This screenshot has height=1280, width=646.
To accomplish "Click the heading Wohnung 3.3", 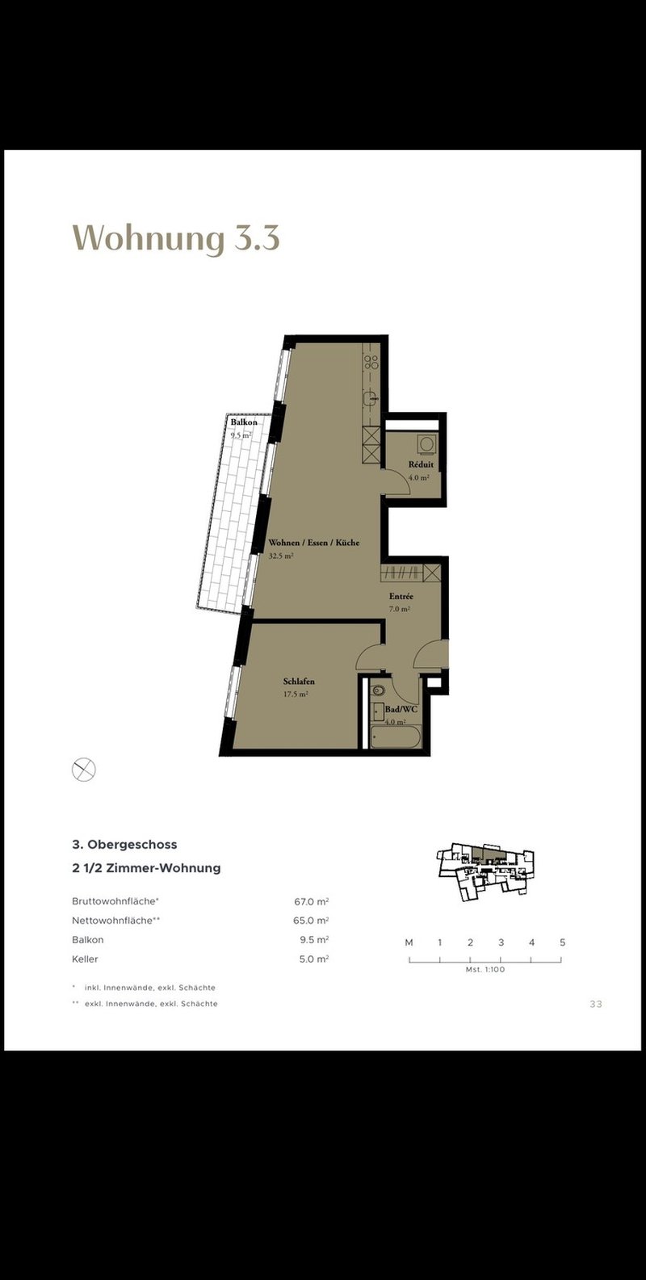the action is click(x=176, y=238).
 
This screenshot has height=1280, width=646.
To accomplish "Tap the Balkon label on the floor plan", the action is click(x=244, y=422).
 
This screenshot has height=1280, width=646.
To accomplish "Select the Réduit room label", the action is click(x=421, y=464).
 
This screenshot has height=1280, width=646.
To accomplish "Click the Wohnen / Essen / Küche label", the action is click(x=314, y=543).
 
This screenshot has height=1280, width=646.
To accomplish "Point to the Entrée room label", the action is click(x=401, y=597).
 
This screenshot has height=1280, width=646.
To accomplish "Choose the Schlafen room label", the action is click(x=299, y=682).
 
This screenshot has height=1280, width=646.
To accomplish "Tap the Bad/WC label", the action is click(x=401, y=709).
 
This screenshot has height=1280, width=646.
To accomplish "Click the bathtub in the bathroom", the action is click(x=396, y=737).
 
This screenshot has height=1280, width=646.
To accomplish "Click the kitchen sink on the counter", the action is click(x=371, y=397).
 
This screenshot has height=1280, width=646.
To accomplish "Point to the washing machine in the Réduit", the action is click(x=426, y=443).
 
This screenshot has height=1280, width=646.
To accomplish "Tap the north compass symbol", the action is click(x=83, y=770).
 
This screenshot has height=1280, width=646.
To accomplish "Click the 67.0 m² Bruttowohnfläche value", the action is click(x=311, y=902).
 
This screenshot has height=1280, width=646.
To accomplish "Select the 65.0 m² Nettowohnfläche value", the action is click(x=311, y=921).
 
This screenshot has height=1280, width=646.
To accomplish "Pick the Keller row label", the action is click(x=85, y=959).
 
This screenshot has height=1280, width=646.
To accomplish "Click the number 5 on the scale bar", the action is click(x=563, y=942).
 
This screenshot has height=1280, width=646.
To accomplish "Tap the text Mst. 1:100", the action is click(x=485, y=969).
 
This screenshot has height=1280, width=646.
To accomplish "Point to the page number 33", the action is click(x=596, y=1004).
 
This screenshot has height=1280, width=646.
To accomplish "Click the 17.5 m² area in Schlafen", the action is click(x=296, y=695).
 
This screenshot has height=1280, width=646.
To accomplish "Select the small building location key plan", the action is click(x=486, y=872).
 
